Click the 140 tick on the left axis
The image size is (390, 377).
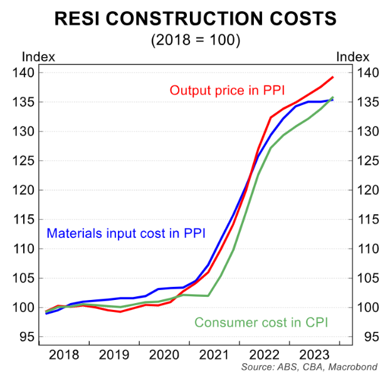[x=25, y=73]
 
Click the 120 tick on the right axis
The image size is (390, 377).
[x=367, y=190]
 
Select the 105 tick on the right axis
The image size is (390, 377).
[x=367, y=278]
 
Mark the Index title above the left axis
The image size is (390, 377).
[x=38, y=57]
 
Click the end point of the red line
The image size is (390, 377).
[x=333, y=77]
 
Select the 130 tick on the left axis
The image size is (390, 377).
[x=25, y=132]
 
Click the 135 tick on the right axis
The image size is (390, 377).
[x=367, y=102]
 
